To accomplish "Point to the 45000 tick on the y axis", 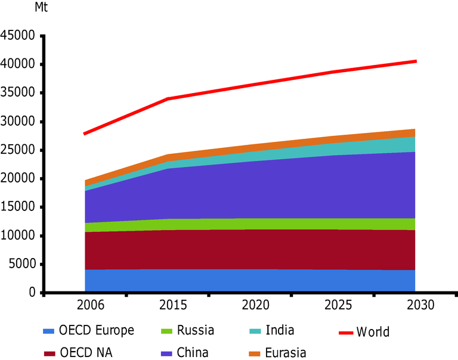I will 18,36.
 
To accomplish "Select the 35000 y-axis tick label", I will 18,93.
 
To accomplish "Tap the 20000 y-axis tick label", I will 18,179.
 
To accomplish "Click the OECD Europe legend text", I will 96,331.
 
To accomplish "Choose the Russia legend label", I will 194,331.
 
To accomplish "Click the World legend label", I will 373,332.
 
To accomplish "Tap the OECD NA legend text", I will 85,353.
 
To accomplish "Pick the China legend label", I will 193,353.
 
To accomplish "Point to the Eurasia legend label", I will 286,353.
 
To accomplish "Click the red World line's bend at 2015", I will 168,99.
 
